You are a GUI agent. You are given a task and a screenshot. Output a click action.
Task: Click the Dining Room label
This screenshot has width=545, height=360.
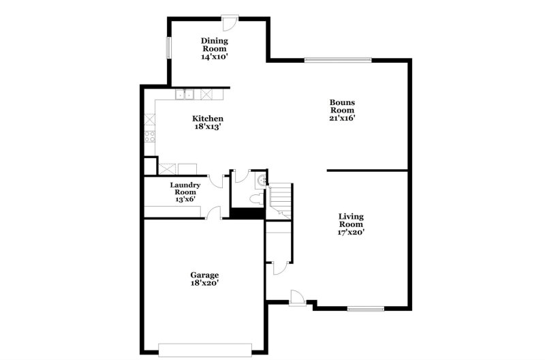tap(213, 45)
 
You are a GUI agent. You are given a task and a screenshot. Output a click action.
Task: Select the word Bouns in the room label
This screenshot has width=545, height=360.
tap(343, 102)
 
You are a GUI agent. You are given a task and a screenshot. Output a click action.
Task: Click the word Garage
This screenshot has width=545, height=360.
tap(204, 275)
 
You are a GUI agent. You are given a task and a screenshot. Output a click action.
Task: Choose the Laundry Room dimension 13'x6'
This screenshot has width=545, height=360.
tap(185, 200)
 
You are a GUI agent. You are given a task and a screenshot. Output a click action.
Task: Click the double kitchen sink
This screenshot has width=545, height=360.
tap(185, 95)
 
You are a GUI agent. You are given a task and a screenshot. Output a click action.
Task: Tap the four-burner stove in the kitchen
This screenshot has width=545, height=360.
tap(149, 136)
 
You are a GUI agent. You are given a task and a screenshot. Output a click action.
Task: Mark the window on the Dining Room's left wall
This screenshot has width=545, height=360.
tap(168, 50)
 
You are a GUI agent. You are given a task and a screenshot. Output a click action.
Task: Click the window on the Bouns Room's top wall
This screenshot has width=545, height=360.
tap(338, 60)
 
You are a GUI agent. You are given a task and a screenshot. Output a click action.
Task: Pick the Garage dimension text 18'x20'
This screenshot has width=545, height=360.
tap(204, 283)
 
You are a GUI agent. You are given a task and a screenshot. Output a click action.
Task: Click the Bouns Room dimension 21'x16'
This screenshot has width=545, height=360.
tap(343, 118)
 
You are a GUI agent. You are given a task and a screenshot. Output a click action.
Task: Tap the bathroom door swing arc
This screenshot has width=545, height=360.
tap(239, 176)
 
